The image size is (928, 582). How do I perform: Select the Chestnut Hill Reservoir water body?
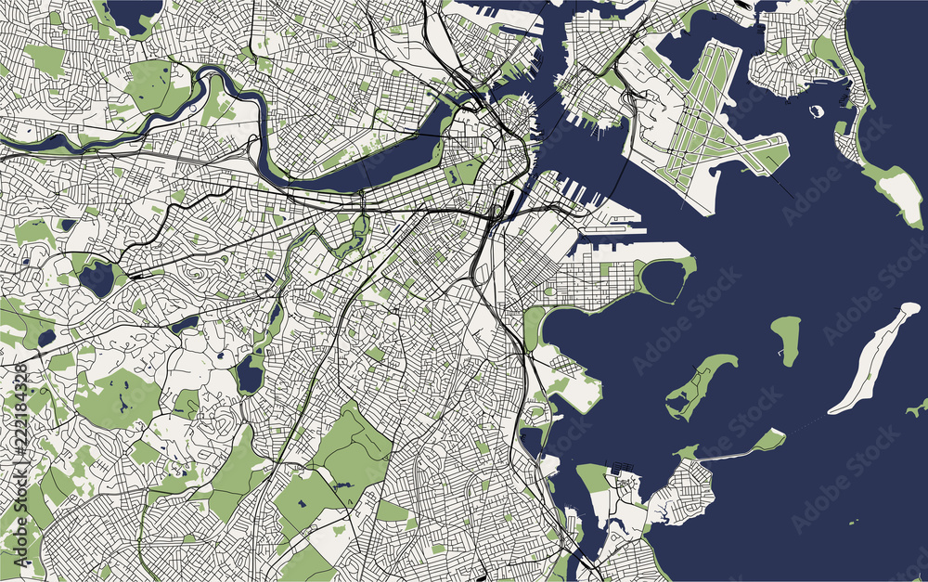click(96, 278)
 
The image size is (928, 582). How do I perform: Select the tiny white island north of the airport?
click(818, 111)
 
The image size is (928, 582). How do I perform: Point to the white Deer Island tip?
click(899, 196)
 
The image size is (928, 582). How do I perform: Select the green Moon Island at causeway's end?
click(768, 440)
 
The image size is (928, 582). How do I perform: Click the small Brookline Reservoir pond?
click(185, 323)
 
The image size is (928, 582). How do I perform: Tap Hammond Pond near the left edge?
click(45, 338)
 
